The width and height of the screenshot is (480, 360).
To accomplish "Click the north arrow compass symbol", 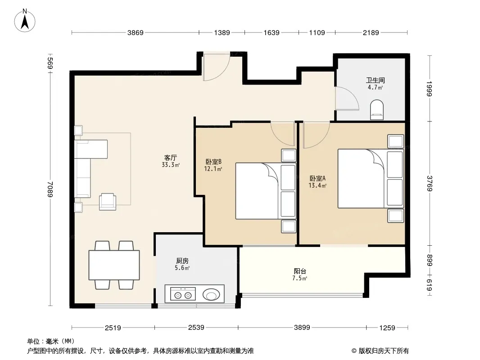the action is [25, 20].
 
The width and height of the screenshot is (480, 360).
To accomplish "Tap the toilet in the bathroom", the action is [377, 110].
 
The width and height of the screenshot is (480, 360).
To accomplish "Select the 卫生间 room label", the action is [375, 81].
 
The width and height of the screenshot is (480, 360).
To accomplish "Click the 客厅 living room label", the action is [171, 158].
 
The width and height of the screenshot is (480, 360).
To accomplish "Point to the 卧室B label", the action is [213, 162].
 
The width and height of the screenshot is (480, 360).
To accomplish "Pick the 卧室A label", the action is [317, 178].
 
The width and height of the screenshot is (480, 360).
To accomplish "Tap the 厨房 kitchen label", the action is [182, 261].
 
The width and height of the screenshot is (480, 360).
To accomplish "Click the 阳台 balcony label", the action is [300, 271].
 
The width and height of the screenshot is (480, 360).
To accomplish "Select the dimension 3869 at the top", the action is [135, 33].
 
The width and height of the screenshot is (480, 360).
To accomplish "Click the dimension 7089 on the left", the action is [50, 189].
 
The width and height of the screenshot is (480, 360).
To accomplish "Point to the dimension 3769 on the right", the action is [430, 184].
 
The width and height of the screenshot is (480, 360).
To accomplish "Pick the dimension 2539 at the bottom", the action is [196, 328].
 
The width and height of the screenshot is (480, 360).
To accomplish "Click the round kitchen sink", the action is [211, 295].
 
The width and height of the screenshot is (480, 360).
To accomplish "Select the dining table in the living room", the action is [114, 265].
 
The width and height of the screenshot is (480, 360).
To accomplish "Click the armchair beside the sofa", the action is [108, 202].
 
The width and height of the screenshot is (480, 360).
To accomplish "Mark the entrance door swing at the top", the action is [217, 67].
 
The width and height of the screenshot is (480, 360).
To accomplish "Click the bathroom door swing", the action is [347, 99].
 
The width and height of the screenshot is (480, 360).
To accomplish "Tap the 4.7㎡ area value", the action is [375, 87].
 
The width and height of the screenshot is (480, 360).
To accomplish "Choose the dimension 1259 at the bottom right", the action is [387, 328].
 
